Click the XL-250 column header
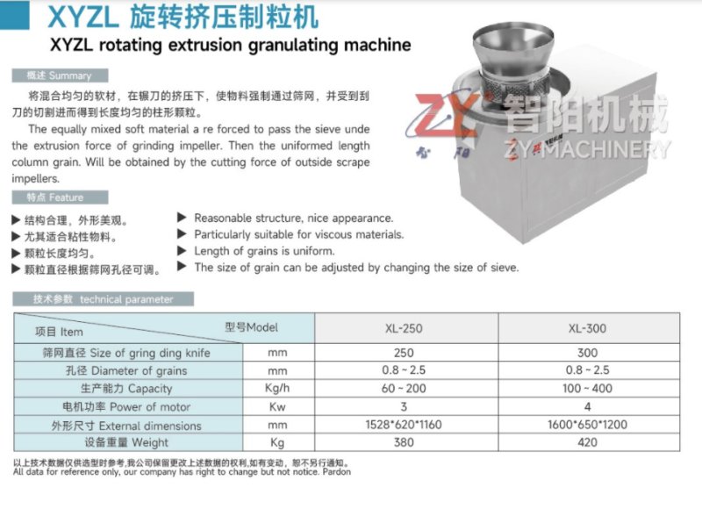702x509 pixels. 405,330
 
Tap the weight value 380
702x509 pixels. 405,443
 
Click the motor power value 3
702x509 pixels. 405,407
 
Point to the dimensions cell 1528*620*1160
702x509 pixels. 405,425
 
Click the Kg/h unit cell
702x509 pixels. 277,389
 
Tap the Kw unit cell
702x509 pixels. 277,407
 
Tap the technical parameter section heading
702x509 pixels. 103,299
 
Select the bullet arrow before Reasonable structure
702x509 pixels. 182,217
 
